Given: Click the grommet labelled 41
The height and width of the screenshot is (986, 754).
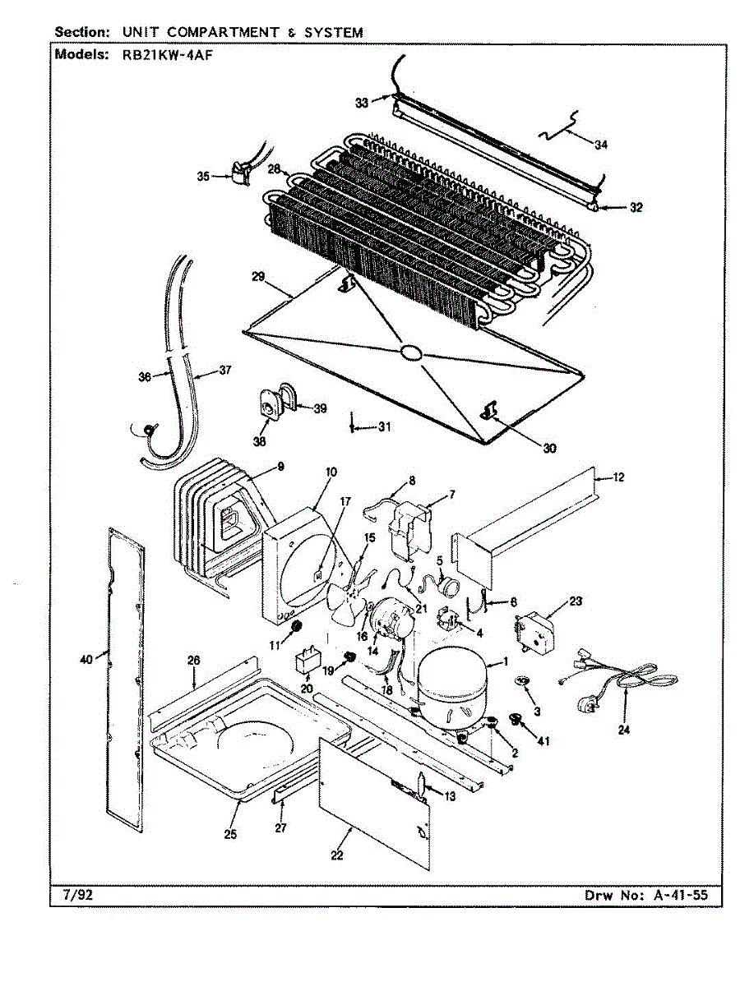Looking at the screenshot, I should click(517, 721).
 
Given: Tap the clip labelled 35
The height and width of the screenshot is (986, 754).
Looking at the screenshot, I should click(239, 172).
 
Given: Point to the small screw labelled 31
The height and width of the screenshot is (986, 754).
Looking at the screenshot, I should click(352, 426).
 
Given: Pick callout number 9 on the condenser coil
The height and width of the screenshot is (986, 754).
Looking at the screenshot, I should click(280, 467).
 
